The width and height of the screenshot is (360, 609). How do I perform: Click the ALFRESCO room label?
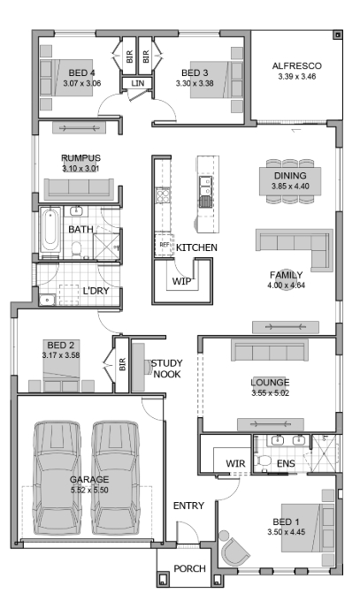tap(296, 65)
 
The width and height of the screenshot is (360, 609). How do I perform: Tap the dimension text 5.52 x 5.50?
tap(89, 490)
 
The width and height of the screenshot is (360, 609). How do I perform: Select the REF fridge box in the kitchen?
tap(165, 245)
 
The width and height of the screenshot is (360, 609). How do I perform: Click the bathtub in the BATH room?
tap(51, 231)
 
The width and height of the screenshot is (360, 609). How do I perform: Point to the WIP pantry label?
tap(181, 281)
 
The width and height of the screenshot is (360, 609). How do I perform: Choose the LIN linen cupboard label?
tap(137, 83)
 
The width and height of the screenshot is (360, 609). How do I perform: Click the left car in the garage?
tap(57, 477)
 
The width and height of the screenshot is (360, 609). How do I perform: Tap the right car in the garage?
tap(116, 477)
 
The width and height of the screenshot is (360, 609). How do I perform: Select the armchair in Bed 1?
tap(234, 552)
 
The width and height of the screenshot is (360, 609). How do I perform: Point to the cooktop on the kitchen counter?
tap(164, 195)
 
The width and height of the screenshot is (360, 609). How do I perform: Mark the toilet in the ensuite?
tap(264, 461)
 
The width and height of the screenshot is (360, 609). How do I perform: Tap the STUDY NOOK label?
tap(167, 369)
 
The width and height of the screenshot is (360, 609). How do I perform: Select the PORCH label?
tap(189, 568)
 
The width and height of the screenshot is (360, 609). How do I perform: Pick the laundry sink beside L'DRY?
tap(48, 300)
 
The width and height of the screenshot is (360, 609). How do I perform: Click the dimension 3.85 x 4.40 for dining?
tap(290, 186)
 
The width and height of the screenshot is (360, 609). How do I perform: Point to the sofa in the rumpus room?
tap(79, 189)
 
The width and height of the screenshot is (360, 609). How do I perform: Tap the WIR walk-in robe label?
tap(235, 463)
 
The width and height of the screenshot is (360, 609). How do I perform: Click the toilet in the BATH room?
tap(77, 250)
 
